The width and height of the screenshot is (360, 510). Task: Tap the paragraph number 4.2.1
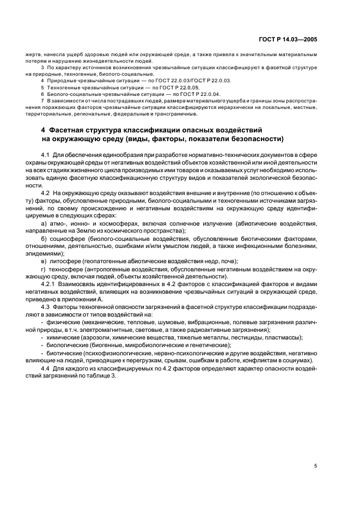point(51,284)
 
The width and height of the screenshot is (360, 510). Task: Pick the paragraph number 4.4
point(46,368)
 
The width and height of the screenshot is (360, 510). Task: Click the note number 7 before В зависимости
point(42,101)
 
